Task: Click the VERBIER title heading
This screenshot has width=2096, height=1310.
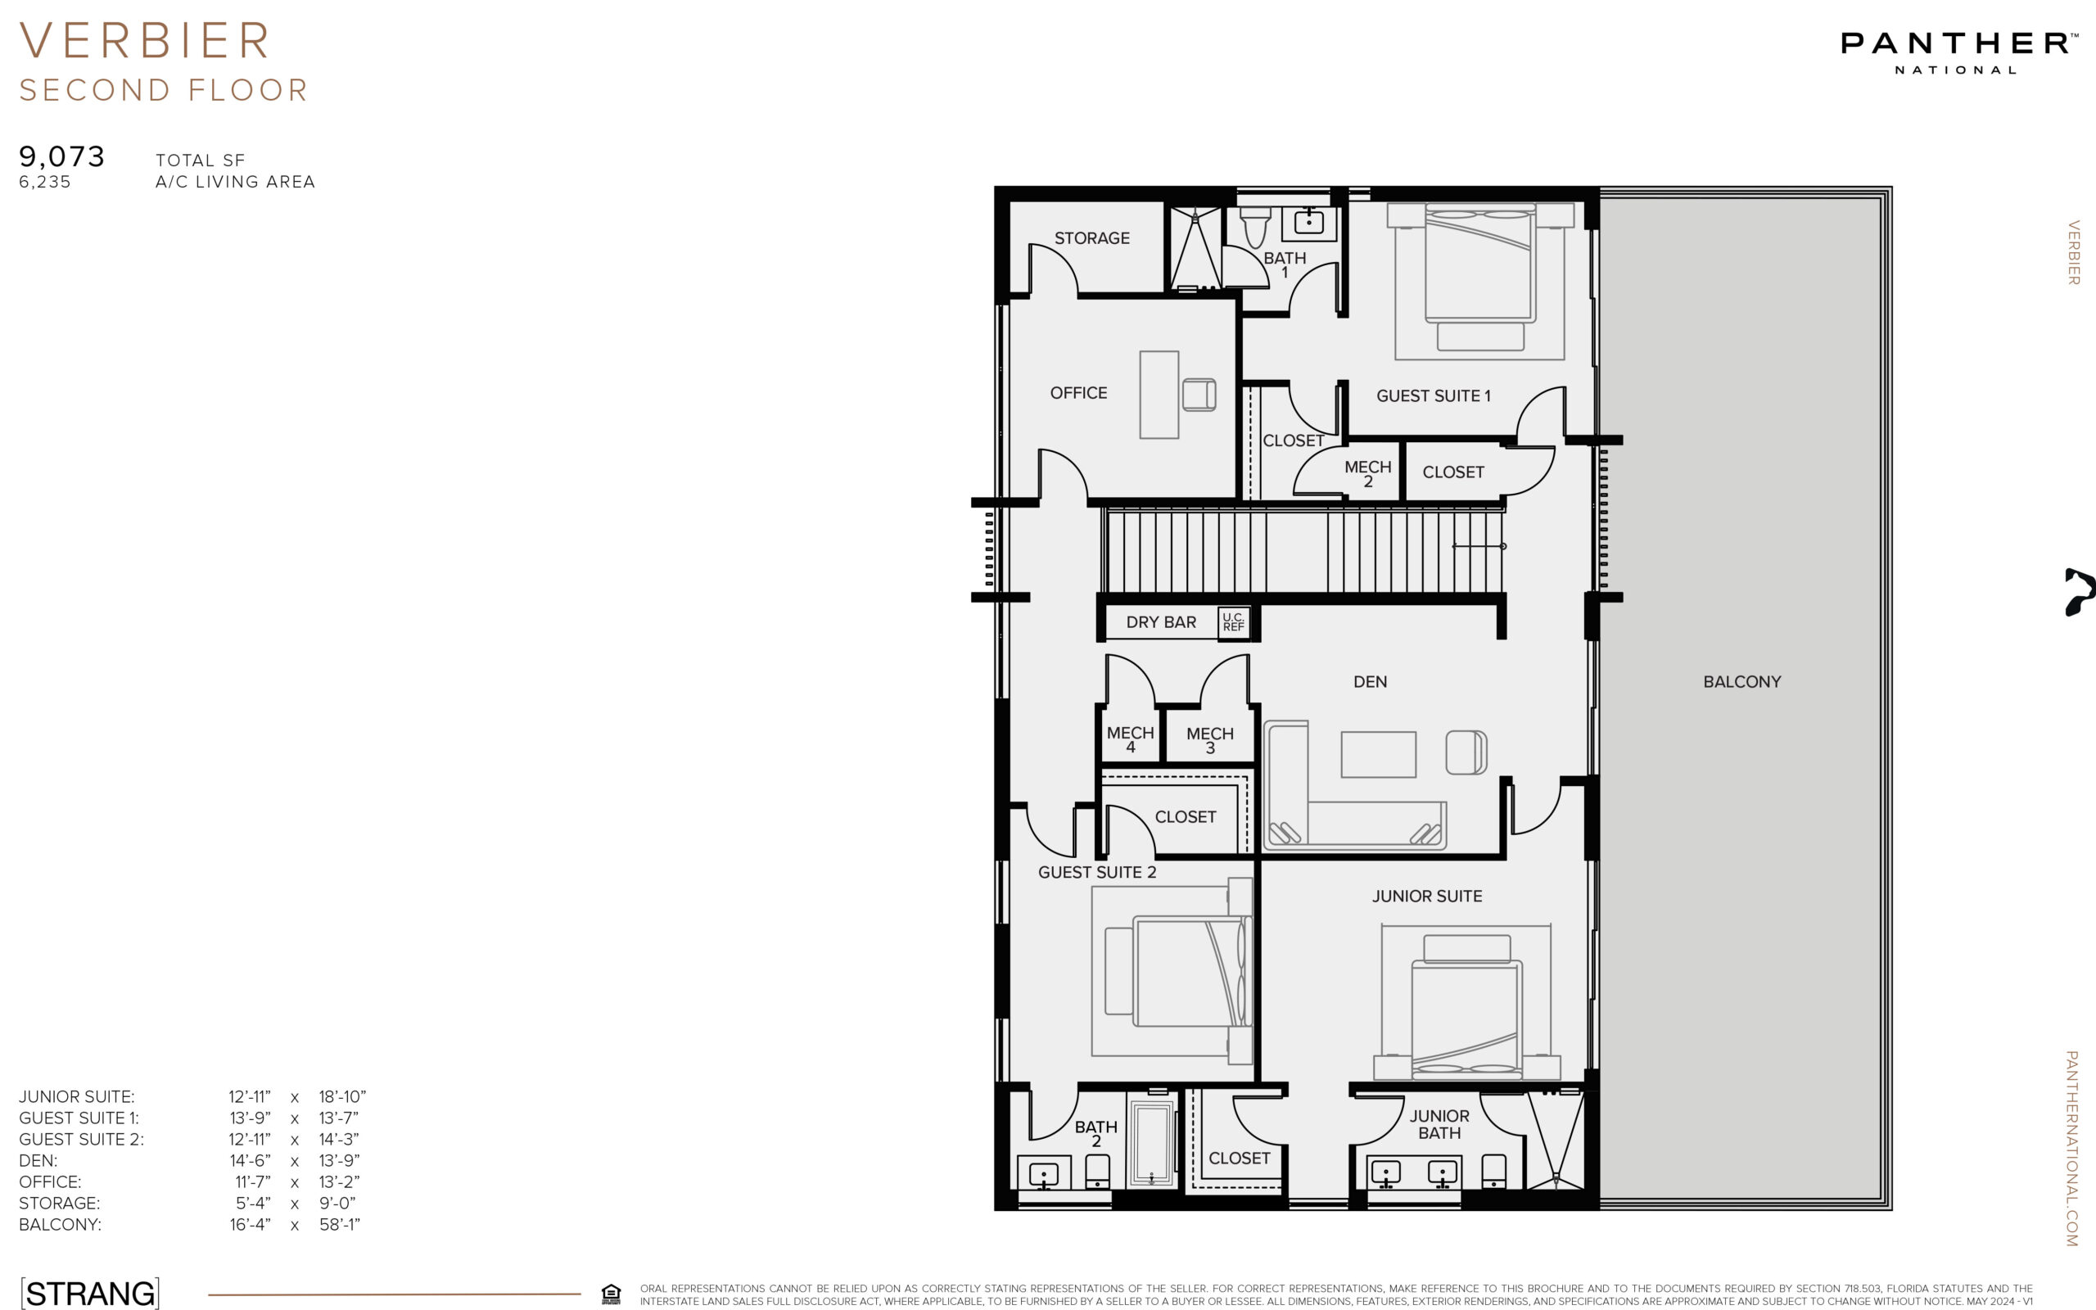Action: pyautogui.click(x=145, y=41)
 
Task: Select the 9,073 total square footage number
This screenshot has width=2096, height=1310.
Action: pyautogui.click(x=61, y=157)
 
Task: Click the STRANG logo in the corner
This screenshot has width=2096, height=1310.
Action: pyautogui.click(x=90, y=1293)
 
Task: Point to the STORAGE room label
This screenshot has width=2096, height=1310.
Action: pyautogui.click(x=1091, y=238)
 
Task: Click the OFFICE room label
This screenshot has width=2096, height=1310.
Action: pyautogui.click(x=1078, y=393)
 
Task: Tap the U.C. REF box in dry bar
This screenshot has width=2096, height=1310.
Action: pyautogui.click(x=1233, y=622)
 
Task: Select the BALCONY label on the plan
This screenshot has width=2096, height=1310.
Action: pyautogui.click(x=1741, y=682)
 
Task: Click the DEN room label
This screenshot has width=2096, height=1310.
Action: pyautogui.click(x=1371, y=682)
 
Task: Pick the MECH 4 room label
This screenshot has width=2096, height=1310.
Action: pyautogui.click(x=1130, y=739)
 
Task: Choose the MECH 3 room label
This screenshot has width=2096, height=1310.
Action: pyautogui.click(x=1210, y=740)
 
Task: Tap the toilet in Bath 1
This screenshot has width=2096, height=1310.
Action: pyautogui.click(x=1255, y=226)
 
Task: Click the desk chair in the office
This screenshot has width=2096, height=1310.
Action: pyautogui.click(x=1199, y=394)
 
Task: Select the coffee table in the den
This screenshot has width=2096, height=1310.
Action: pyautogui.click(x=1378, y=755)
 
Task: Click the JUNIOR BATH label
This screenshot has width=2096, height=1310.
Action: pyautogui.click(x=1439, y=1125)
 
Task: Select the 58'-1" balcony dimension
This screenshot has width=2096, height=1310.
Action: pyautogui.click(x=340, y=1224)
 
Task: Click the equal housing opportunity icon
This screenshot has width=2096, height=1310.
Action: pyautogui.click(x=612, y=1294)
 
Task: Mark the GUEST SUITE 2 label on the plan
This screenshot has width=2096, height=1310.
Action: pyautogui.click(x=1096, y=873)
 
